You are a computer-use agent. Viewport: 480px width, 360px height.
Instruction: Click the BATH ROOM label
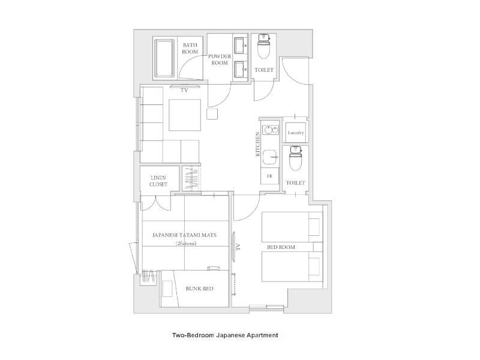click(190, 49)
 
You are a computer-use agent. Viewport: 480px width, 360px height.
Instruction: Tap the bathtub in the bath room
click(164, 58)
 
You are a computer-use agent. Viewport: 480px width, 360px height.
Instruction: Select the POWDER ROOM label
click(220, 59)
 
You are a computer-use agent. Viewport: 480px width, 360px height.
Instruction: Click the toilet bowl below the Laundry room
click(295, 158)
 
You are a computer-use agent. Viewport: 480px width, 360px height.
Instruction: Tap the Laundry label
click(296, 133)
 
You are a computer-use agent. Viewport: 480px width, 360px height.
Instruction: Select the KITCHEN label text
click(258, 144)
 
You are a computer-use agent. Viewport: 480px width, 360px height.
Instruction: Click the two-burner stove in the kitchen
click(270, 130)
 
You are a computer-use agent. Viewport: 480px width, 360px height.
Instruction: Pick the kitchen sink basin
click(270, 157)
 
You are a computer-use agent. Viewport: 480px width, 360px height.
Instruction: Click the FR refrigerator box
click(269, 176)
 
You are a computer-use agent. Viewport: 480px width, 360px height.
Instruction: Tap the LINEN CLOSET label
click(158, 181)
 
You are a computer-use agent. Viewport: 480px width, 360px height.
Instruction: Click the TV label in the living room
click(184, 91)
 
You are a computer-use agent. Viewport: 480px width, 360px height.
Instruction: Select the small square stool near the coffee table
click(212, 113)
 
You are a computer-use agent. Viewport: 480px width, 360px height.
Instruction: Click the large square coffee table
click(185, 115)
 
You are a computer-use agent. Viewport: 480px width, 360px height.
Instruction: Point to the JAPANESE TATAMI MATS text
click(184, 235)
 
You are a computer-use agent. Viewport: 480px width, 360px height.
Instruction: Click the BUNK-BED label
click(200, 289)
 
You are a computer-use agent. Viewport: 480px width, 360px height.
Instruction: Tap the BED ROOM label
click(281, 247)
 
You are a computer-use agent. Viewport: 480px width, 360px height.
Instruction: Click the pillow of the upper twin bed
click(314, 227)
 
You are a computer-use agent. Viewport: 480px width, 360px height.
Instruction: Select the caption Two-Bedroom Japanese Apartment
click(226, 335)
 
